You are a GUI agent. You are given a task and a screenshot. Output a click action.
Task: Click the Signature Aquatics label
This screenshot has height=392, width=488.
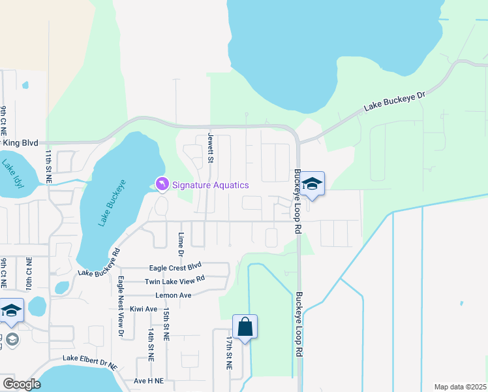(x=210, y=185)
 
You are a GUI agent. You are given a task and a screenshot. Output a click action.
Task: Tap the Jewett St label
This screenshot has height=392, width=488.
(x=211, y=148)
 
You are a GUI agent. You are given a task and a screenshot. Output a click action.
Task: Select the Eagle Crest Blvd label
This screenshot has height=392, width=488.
(x=175, y=267)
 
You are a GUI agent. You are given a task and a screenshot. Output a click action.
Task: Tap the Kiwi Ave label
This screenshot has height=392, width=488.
(x=144, y=309)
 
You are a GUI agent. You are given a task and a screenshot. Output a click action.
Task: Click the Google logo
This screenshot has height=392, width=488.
(x=21, y=384)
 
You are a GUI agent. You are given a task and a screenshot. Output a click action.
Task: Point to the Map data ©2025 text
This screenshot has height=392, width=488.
(x=460, y=387)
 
